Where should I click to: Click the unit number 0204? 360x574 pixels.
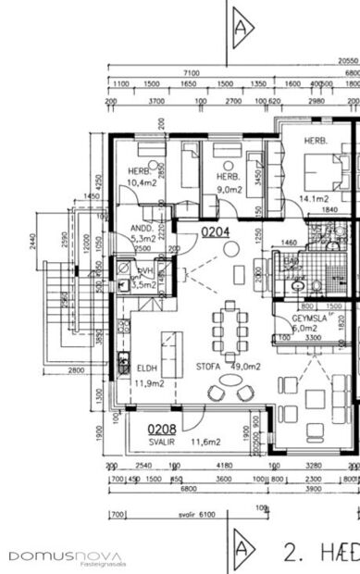215,233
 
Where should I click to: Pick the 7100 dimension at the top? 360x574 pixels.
192,72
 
